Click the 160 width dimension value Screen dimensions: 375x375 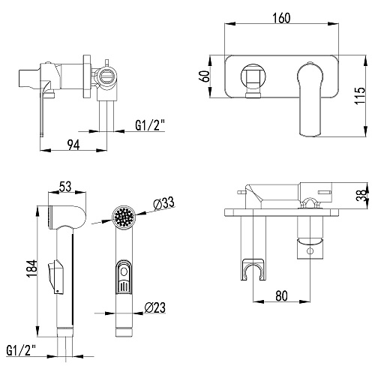tap(281, 18)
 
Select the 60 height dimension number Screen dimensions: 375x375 tap(205, 76)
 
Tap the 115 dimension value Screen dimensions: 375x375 tap(360, 96)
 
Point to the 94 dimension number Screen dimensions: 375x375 tap(73, 145)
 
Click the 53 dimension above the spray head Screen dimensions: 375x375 tap(65, 186)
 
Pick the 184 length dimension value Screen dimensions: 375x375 tap(32, 268)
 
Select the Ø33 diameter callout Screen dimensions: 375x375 tap(163, 204)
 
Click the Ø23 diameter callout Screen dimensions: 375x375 tap(155, 307)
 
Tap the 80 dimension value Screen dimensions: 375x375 tap(281, 295)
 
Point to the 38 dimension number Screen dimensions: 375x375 tap(362, 194)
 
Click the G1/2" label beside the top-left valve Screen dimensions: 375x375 tap(150, 125)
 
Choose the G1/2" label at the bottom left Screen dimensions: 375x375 tap(21, 350)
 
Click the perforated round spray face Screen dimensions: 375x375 tap(124, 217)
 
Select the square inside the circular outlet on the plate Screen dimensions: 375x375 tap(253, 76)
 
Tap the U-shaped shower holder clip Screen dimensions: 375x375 tap(253, 270)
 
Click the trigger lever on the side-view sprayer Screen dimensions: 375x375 tap(55, 276)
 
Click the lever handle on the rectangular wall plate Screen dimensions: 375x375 tap(310, 100)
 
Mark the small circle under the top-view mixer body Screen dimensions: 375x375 tap(310, 250)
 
